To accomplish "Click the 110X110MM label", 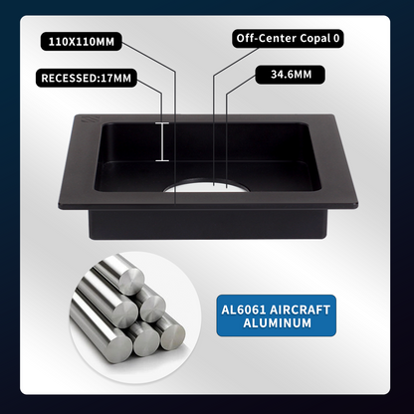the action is (82, 42).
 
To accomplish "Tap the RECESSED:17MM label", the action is (87, 78).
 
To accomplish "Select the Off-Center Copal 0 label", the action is (288, 38).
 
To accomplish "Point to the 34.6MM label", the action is (291, 74).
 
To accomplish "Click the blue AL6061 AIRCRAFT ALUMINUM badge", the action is (276, 315).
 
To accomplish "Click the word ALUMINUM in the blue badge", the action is (278, 323).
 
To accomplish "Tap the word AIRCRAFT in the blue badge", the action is (300, 310).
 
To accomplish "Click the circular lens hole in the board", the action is (206, 186).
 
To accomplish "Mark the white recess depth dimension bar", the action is (162, 142).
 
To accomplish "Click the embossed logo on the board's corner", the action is (89, 119).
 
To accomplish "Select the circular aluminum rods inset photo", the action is (135, 316).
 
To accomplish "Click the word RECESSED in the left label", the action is (69, 79).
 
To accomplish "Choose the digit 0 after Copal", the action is (336, 39).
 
